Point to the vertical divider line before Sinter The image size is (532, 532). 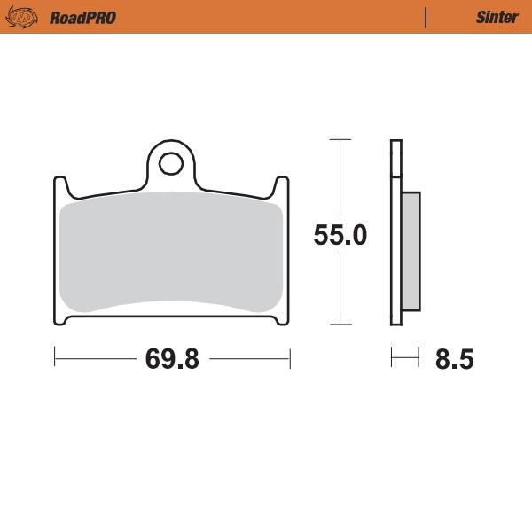click(x=426, y=18)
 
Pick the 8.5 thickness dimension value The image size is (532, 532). click(x=454, y=359)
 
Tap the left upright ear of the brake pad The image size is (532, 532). click(x=61, y=188)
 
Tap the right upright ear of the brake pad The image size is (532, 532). click(x=281, y=188)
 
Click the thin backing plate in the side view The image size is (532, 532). click(x=395, y=231)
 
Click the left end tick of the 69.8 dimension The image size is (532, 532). click(x=55, y=358)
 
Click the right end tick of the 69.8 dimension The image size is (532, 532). click(x=290, y=358)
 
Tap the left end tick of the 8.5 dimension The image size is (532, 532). click(x=392, y=358)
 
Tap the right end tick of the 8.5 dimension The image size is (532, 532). click(x=419, y=358)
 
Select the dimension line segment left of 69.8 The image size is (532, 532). click(x=93, y=358)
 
